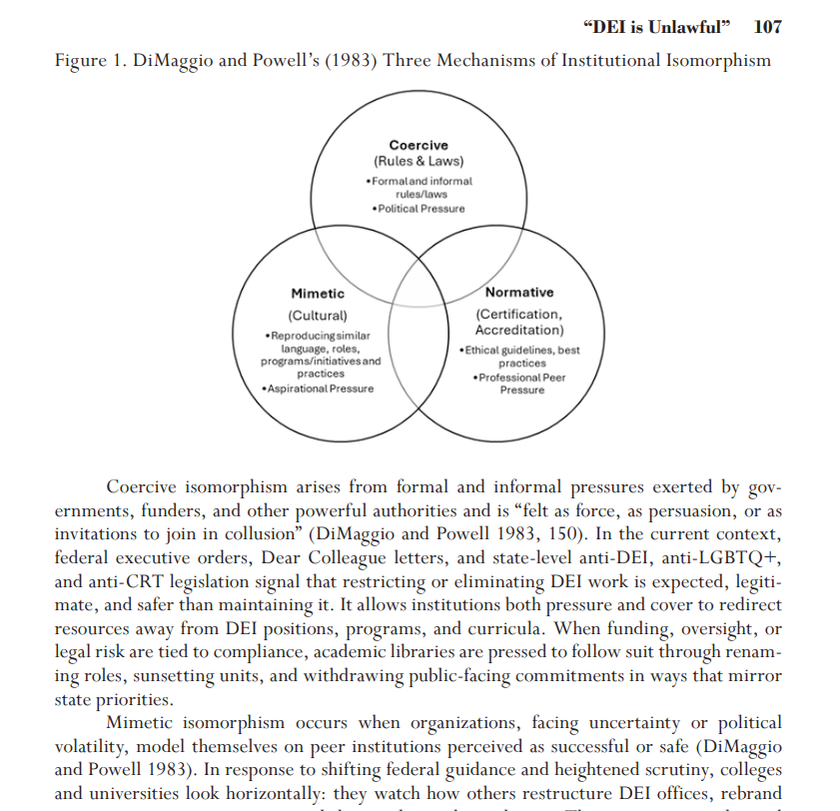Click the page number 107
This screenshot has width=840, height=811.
click(x=767, y=27)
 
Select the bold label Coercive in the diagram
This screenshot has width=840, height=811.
click(x=419, y=146)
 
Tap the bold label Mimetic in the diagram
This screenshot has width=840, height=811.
click(x=318, y=294)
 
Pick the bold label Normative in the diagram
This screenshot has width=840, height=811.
click(x=518, y=293)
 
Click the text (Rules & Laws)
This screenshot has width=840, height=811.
click(x=419, y=161)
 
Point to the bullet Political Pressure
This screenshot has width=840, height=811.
click(x=419, y=209)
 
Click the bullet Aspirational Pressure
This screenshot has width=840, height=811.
click(x=318, y=388)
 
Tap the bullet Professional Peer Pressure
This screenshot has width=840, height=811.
click(x=520, y=384)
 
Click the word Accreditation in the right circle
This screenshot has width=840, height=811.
click(x=518, y=330)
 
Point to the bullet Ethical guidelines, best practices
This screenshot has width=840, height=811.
click(x=520, y=357)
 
